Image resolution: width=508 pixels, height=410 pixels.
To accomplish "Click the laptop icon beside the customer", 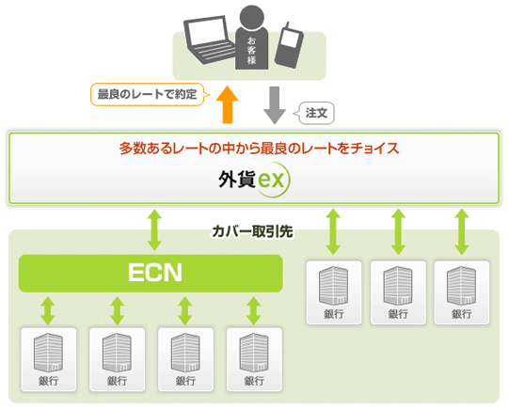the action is coord(209,39).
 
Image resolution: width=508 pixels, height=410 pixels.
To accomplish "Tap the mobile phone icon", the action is coord(289,45).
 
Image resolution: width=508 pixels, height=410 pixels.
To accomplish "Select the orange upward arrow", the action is coord(228,104).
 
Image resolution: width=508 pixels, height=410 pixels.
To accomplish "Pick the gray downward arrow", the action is coord(275,105).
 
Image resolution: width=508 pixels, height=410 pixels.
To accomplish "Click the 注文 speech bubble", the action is coord(314,114).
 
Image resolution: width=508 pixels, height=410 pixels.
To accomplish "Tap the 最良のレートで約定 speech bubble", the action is coord(150,95).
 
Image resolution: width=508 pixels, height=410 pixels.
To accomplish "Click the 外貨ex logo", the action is coord(254,180).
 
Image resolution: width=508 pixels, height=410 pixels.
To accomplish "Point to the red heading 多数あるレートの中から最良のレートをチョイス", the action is coord(260,148).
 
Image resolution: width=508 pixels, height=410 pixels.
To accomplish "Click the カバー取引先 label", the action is coord(252,231).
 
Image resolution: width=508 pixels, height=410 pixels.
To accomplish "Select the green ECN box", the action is coord(151,273).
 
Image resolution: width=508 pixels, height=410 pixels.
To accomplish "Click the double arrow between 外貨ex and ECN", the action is coord(154,230).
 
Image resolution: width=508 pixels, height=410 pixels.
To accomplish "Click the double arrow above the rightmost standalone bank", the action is coord(462,231).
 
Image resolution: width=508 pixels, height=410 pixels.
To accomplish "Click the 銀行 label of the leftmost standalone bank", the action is coord(334,314).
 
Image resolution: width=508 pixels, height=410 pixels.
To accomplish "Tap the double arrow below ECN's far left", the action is coord(48,311).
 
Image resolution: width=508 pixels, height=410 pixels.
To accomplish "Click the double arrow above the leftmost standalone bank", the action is coord(333,231).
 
